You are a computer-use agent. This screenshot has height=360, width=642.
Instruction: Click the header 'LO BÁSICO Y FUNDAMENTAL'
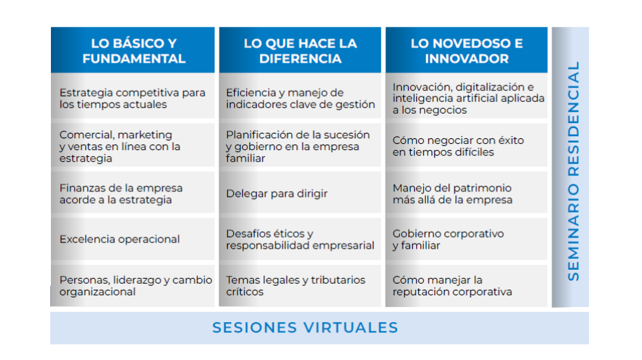tap(133, 51)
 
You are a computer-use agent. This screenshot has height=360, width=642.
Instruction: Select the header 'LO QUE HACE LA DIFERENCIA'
tap(300, 51)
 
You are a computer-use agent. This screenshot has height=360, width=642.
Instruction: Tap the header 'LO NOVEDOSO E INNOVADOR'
tap(467, 51)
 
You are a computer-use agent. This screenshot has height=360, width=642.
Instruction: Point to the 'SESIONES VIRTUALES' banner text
tap(305, 328)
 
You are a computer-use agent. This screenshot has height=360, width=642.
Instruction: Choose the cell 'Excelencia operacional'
tap(120, 240)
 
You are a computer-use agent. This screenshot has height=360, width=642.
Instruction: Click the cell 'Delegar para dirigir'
tap(277, 193)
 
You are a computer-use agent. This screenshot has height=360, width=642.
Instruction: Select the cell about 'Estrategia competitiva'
tap(132, 98)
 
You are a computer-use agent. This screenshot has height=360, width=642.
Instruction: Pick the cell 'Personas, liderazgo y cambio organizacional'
tap(135, 286)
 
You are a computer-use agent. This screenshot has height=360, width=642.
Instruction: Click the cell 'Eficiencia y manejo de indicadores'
tap(300, 98)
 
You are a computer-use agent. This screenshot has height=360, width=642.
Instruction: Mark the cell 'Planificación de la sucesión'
tap(297, 146)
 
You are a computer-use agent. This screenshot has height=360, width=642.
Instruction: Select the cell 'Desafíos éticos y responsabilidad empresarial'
tap(300, 240)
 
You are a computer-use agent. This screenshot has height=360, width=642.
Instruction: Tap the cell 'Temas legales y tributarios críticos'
tap(295, 286)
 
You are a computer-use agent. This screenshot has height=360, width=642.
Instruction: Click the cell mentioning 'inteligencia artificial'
tap(468, 98)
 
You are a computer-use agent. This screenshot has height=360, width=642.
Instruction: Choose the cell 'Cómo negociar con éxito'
tap(458, 146)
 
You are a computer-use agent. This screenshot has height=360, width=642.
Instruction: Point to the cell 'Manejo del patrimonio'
tap(452, 193)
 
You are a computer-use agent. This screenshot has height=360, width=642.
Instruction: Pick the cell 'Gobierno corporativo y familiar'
tap(448, 240)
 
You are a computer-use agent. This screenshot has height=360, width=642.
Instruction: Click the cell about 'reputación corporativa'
tap(452, 286)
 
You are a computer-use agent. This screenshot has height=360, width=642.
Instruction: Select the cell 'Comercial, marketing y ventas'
tap(120, 146)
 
